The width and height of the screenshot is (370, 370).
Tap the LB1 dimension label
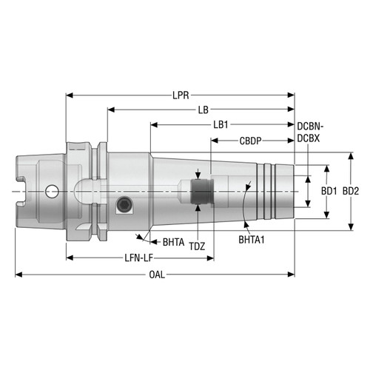pos(221,124)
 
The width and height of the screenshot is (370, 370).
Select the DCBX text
pos(309,138)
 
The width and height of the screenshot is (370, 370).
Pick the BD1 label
pos(329,190)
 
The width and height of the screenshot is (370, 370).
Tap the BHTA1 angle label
pos(254,240)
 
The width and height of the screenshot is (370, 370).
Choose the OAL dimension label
pos(156,275)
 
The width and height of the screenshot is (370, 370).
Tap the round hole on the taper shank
pos(51,192)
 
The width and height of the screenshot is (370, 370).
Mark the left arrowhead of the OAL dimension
pos(19,275)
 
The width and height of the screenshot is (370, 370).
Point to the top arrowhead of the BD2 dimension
pos(349,156)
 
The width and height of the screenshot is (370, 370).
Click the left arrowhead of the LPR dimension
pos(70,95)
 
